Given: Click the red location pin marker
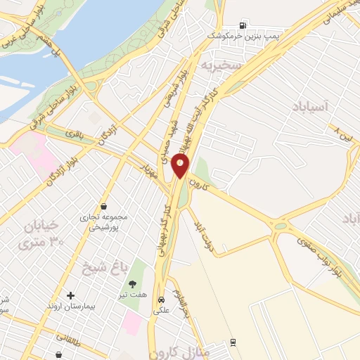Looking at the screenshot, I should coord(181,166).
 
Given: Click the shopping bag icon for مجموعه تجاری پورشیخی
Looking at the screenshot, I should coord(104,207).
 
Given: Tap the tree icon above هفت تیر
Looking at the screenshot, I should coord(132,284).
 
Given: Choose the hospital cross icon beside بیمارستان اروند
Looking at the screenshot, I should coord(70,295).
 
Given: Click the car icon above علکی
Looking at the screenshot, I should coord(161,296).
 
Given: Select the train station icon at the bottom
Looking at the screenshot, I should coord(232,342).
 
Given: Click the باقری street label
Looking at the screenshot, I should coord(75,131).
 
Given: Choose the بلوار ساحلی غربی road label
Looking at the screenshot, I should coord(18,32).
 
